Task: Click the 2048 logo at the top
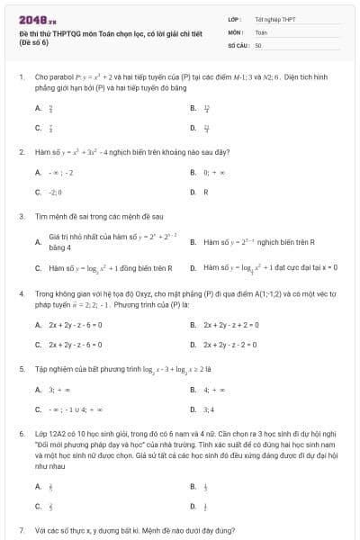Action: (x=33, y=16)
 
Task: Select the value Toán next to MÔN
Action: (x=261, y=31)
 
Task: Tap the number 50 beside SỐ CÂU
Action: (x=258, y=44)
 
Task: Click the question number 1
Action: (x=21, y=77)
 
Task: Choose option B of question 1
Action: (x=193, y=108)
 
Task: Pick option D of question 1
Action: (x=193, y=128)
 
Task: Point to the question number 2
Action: (x=21, y=151)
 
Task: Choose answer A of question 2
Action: (x=39, y=172)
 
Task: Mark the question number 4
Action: (x=21, y=293)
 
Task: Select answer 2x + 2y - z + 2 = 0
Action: (x=230, y=325)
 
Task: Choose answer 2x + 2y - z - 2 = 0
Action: (x=230, y=345)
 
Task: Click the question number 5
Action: (x=21, y=369)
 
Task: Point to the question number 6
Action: (x=21, y=434)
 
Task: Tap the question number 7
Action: (x=21, y=531)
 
